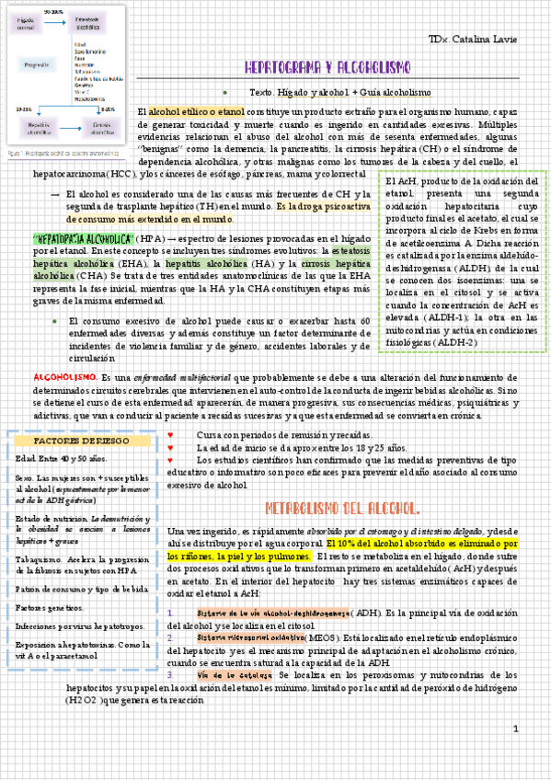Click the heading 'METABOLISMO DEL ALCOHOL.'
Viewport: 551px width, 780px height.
(x=343, y=509)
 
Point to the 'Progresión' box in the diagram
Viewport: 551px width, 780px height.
(x=37, y=65)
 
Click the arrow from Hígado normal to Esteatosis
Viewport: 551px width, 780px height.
(x=59, y=20)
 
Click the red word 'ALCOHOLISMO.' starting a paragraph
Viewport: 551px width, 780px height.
(x=64, y=378)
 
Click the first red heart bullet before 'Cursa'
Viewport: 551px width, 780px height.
(x=172, y=433)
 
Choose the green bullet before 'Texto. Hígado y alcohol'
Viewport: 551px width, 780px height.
(x=225, y=93)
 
